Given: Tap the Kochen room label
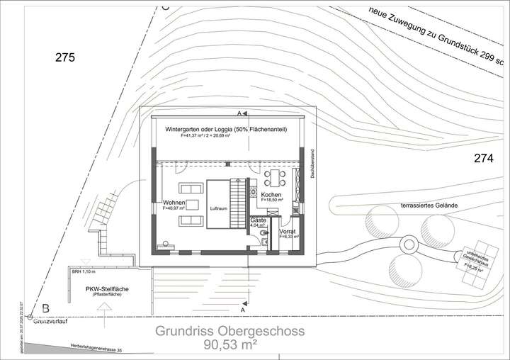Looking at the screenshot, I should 272,195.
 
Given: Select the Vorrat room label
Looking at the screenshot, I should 288,232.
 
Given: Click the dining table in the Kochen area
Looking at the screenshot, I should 273,176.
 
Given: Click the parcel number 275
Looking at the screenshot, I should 64,58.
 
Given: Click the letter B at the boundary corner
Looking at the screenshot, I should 45,308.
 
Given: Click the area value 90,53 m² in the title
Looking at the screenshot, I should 230,345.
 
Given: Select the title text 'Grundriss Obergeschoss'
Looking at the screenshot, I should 230,330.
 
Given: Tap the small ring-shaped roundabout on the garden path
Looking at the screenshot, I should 409,246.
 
